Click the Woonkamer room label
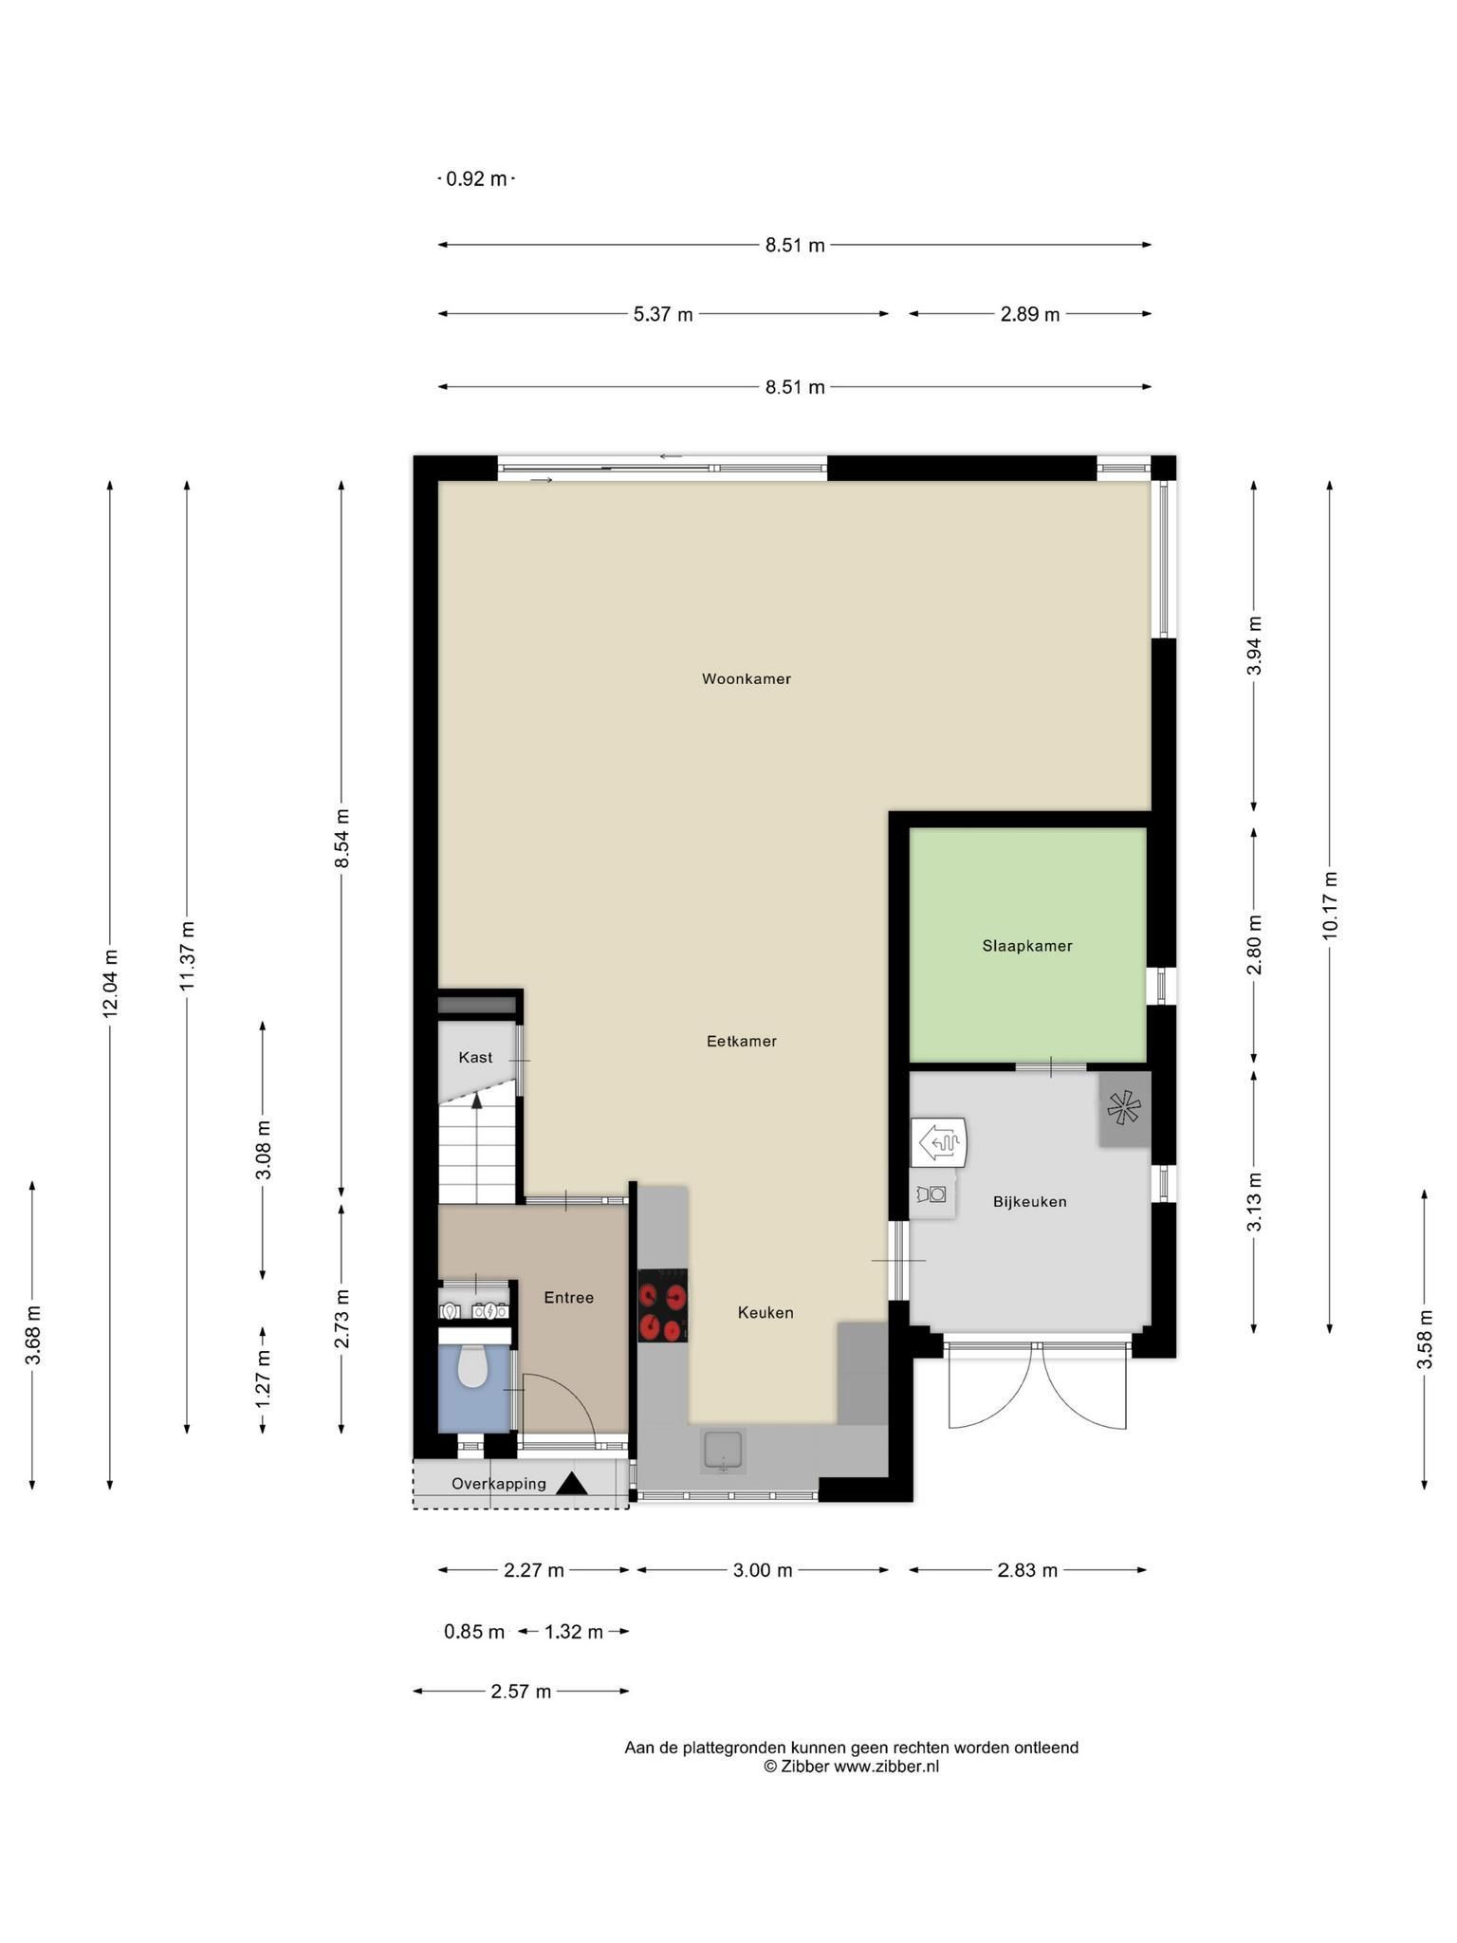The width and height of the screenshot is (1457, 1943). click(746, 679)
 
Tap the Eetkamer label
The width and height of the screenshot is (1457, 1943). click(742, 1042)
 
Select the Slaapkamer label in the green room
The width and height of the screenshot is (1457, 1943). click(1027, 946)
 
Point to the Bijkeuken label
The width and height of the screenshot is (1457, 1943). click(1030, 1202)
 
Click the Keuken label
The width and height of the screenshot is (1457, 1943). click(765, 1313)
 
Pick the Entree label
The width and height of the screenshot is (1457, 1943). click(569, 1298)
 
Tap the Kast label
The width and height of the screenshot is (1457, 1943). click(475, 1058)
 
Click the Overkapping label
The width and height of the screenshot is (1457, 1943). click(499, 1484)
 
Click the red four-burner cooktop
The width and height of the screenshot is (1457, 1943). click(663, 1305)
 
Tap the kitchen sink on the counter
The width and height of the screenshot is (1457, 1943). click(724, 1453)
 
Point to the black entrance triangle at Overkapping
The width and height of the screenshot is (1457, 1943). click(572, 1484)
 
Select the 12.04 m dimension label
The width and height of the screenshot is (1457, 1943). click(110, 983)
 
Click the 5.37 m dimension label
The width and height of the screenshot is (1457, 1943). click(663, 314)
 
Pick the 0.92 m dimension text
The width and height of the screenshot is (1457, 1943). click(476, 178)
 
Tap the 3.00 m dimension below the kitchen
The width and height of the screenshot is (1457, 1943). click(763, 1570)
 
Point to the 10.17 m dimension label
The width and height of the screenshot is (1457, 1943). click(1330, 906)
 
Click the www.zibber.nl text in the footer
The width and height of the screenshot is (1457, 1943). click(887, 1767)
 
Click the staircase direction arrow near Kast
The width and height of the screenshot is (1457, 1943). click(477, 1101)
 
